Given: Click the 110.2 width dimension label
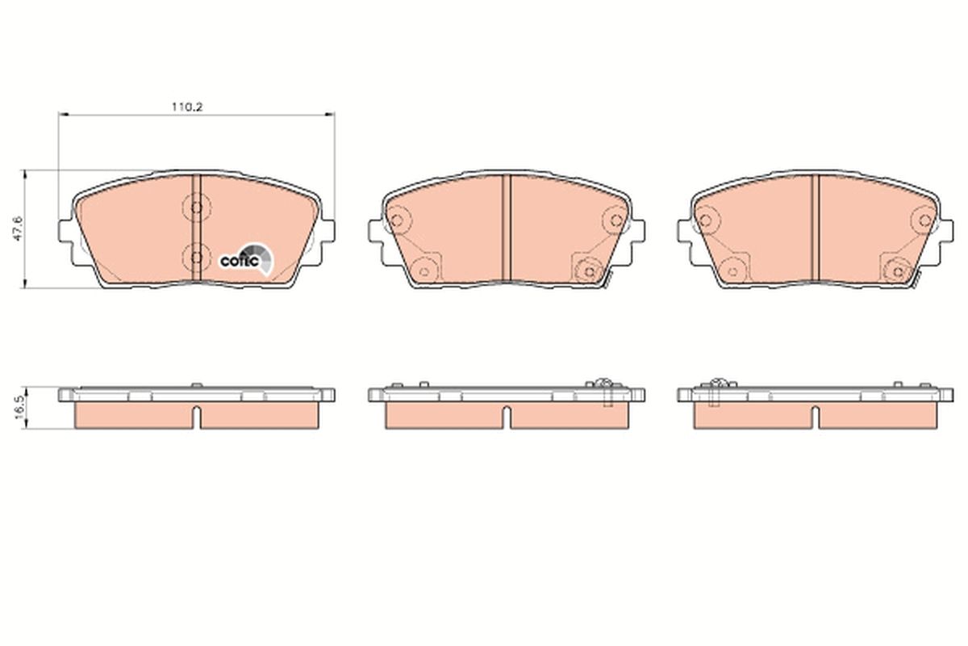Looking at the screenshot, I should click(184, 106).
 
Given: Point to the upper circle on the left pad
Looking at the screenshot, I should click(194, 208).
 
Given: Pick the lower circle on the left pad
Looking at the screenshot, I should click(194, 257).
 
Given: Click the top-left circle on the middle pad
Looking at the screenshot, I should click(397, 220).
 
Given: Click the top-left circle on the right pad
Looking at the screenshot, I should click(707, 220).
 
